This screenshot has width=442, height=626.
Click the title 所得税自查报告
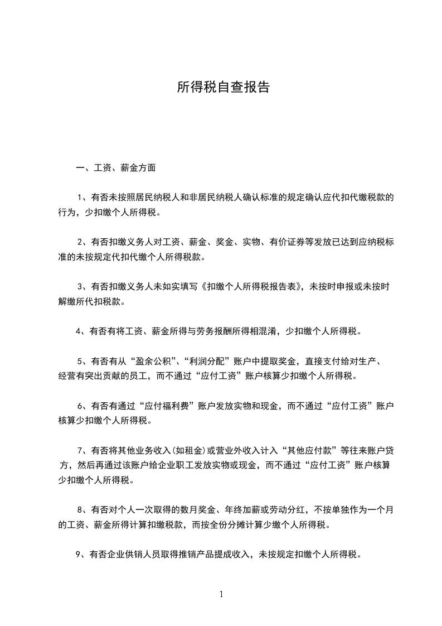pyautogui.click(x=223, y=87)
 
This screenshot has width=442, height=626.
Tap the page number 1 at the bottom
pyautogui.click(x=221, y=594)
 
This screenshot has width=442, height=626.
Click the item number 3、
pyautogui.click(x=82, y=287)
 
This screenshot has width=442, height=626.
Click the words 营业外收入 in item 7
pyautogui.click(x=235, y=450)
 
